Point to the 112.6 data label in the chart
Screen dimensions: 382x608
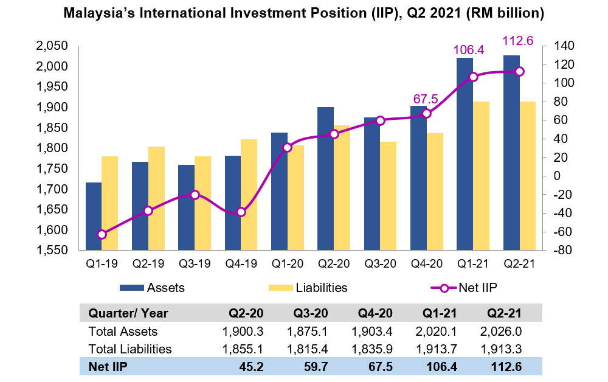point(517,41)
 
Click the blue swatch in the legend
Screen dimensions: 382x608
point(131,288)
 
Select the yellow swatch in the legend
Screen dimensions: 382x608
point(281,288)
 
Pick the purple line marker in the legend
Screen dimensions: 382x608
point(444,288)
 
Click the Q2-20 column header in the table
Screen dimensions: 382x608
point(246,314)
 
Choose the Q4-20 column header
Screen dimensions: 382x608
point(375,314)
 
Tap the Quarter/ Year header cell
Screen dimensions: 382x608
point(128,314)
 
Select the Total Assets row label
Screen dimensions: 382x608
point(123,332)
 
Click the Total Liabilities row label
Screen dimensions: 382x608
point(130,349)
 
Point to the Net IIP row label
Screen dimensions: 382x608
point(108,367)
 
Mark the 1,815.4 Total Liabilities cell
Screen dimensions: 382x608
point(307,349)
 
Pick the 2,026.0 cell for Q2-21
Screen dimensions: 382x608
point(502,332)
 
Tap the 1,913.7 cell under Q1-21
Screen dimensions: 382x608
point(437,349)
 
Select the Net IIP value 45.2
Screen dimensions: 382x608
point(250,367)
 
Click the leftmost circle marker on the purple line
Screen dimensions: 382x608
point(102,234)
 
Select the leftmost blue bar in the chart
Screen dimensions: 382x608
point(94,216)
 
